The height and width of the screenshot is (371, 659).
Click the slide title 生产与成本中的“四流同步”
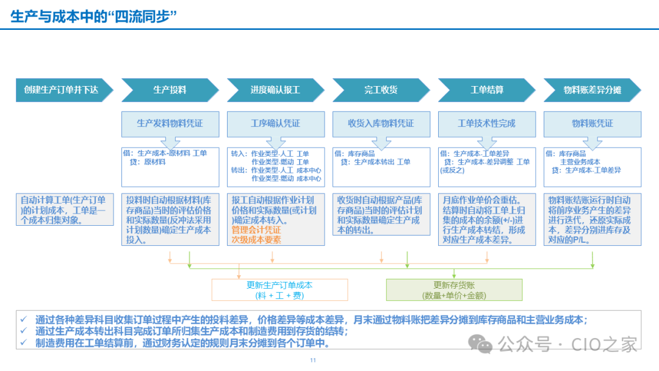coord(94,16)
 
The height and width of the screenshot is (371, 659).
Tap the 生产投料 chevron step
coord(170,90)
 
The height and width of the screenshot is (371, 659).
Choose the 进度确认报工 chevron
coord(275,90)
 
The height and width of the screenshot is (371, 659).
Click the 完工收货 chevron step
coord(381,90)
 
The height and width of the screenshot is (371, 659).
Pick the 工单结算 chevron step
coord(486,90)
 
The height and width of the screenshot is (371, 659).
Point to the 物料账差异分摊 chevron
coord(592,90)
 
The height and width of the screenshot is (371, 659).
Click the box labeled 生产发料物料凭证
coord(170,123)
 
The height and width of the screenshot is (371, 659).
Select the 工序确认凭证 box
coord(275,123)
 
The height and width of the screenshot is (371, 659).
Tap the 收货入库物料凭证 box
coord(381,123)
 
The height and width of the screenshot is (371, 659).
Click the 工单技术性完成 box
coord(486,123)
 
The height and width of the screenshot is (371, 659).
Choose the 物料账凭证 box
coord(592,123)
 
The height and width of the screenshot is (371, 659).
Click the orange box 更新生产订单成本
coord(279,290)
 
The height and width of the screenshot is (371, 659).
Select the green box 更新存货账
coord(454,290)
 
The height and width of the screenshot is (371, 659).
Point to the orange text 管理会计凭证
coord(256,230)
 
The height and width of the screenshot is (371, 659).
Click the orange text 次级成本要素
coord(256,240)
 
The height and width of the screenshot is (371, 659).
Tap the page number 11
coord(313,361)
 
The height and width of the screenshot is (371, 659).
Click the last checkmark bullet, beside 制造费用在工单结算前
coord(23,343)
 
